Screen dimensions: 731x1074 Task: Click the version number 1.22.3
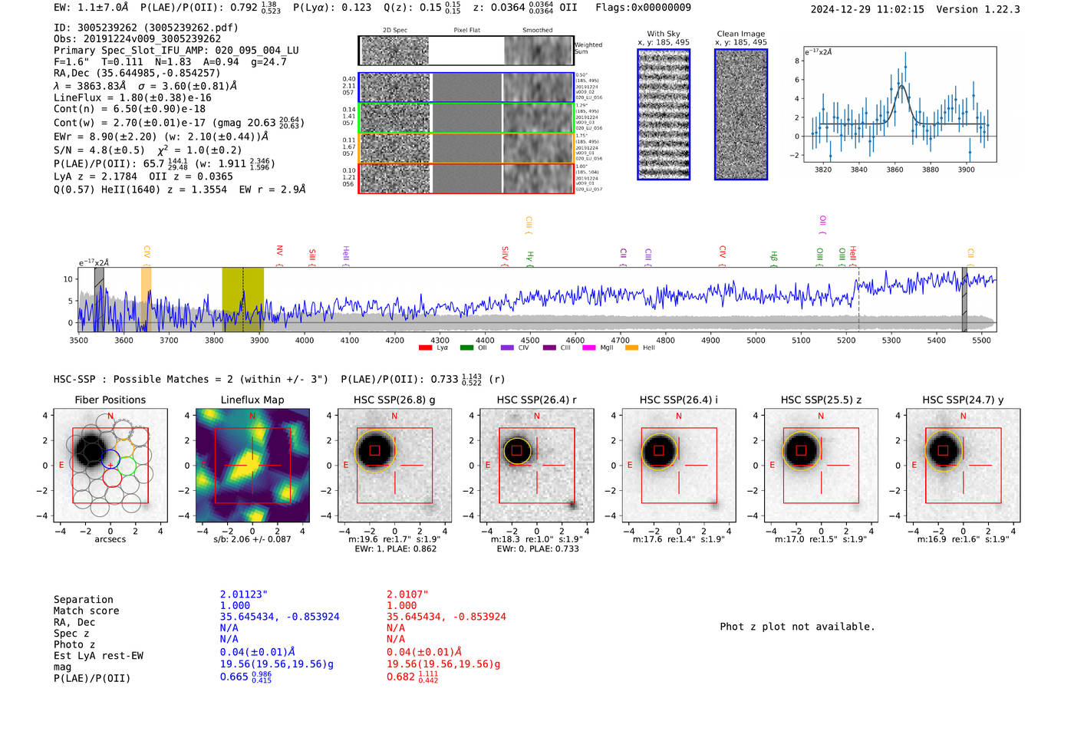click(995, 9)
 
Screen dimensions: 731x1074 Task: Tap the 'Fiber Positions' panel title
click(110, 400)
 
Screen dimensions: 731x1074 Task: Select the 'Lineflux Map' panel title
click(252, 400)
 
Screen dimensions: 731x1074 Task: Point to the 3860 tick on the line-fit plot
click(894, 170)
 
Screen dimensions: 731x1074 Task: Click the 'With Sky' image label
click(664, 34)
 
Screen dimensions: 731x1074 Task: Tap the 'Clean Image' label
click(740, 34)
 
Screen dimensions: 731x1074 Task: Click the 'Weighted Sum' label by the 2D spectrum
click(588, 48)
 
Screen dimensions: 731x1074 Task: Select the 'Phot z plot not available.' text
click(797, 627)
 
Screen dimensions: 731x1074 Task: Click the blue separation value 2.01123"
click(244, 594)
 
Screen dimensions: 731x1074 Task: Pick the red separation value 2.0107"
click(407, 594)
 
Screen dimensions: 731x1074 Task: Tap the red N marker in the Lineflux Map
click(252, 417)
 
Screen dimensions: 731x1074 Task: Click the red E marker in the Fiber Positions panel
click(62, 466)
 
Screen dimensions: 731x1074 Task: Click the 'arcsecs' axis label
click(110, 539)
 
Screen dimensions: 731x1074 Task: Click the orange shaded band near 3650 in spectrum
click(146, 299)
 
